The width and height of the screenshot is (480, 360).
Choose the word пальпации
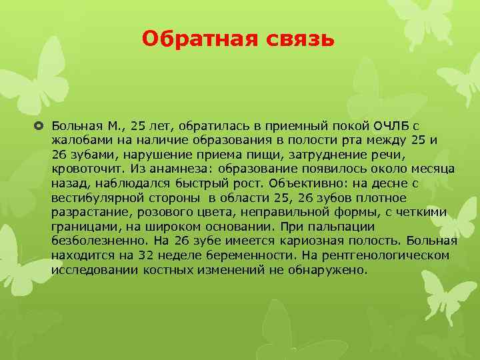(421, 227)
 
